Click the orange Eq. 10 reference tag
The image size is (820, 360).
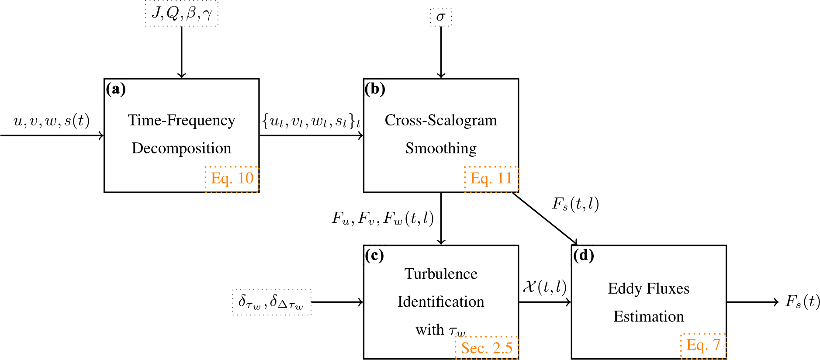tap(232, 179)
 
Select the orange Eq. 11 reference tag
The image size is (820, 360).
tap(491, 179)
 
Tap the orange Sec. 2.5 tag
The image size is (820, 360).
tap(487, 348)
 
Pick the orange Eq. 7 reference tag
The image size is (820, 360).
tap(703, 346)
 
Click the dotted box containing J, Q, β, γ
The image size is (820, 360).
tap(181, 14)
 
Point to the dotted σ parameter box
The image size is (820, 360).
tap(441, 17)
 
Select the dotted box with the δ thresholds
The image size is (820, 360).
tap(272, 302)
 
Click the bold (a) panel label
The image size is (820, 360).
tap(116, 89)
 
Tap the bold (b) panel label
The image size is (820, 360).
tap(375, 89)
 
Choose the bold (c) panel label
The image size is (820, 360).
tap(375, 255)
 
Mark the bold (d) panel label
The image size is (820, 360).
tap(583, 255)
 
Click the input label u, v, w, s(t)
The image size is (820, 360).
tap(52, 121)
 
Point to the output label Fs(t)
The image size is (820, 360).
tap(803, 301)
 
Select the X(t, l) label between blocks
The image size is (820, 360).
tap(545, 287)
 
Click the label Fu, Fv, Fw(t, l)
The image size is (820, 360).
tap(383, 218)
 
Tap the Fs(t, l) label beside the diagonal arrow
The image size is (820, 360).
tap(575, 204)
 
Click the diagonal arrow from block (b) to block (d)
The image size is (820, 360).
tap(545, 218)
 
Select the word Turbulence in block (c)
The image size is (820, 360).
tap(441, 273)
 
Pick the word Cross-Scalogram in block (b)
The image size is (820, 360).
tap(441, 120)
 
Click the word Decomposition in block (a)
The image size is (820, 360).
tap(181, 149)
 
